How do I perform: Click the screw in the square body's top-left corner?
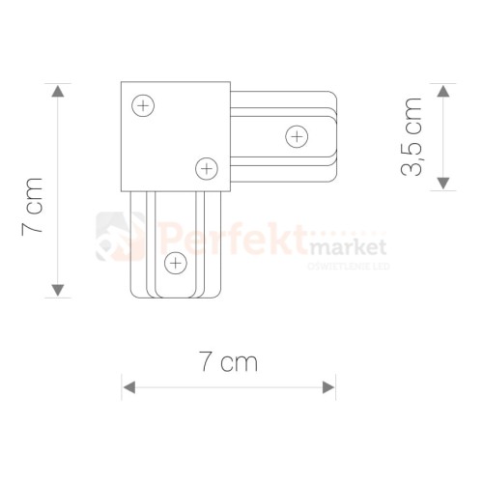(x=143, y=105)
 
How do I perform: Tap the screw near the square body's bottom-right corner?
(x=207, y=169)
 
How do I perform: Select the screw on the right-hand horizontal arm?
(x=297, y=137)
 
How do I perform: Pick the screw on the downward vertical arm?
(x=176, y=264)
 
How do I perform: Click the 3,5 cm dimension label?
(x=412, y=136)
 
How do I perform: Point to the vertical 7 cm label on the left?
(x=32, y=207)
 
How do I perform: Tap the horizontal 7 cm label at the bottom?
(x=228, y=361)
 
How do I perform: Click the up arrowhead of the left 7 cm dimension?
(x=58, y=91)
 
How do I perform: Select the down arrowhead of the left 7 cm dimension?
(x=58, y=290)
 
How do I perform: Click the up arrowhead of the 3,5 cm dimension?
(x=443, y=91)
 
